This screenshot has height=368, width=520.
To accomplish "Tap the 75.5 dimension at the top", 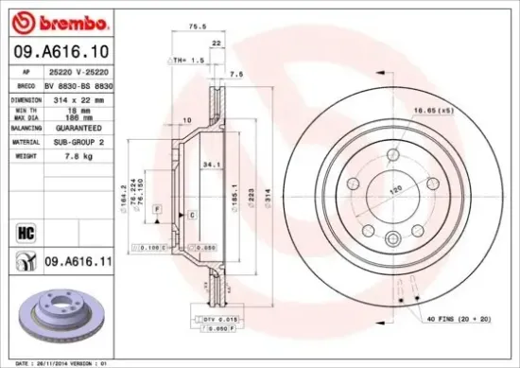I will click(196, 28).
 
